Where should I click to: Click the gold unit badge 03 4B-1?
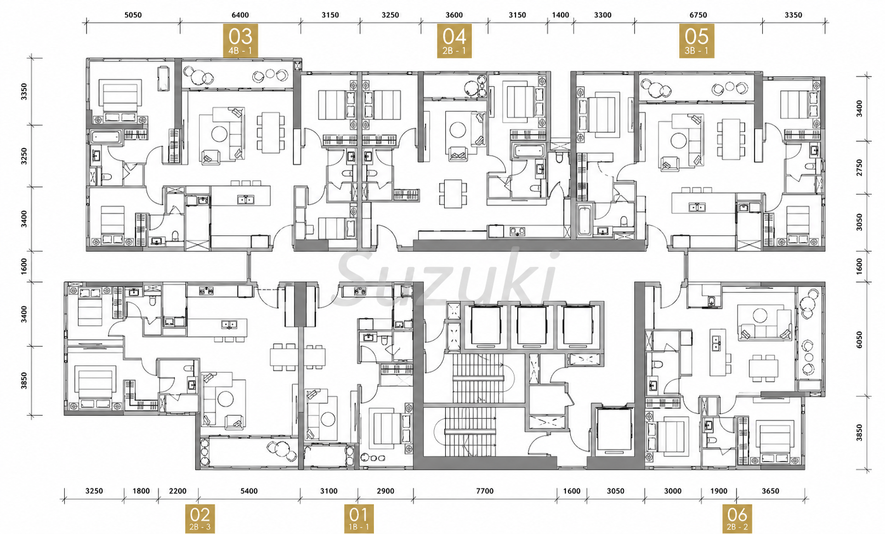click(x=240, y=40)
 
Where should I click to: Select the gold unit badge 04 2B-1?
click(x=454, y=41)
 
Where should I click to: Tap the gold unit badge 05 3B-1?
click(x=696, y=41)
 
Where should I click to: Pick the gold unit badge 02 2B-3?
click(x=200, y=519)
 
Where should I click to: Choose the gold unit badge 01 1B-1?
click(x=359, y=519)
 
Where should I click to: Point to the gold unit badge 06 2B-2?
click(x=738, y=519)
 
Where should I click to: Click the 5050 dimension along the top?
click(x=133, y=15)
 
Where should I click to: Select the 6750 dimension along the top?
click(x=698, y=15)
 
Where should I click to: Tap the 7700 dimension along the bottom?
click(x=485, y=491)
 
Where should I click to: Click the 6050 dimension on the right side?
click(x=859, y=340)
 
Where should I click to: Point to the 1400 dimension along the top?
click(x=560, y=15)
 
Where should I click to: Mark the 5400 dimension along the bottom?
click(x=249, y=491)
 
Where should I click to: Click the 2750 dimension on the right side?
click(x=859, y=167)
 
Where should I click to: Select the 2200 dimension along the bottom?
click(x=178, y=491)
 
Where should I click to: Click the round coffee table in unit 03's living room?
click(x=219, y=134)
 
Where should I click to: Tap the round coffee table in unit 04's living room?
click(x=457, y=129)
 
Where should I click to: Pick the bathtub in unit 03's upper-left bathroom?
click(x=106, y=137)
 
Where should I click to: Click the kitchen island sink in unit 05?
click(x=696, y=207)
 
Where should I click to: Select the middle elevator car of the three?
click(x=532, y=326)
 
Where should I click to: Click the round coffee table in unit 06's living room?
click(x=760, y=315)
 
